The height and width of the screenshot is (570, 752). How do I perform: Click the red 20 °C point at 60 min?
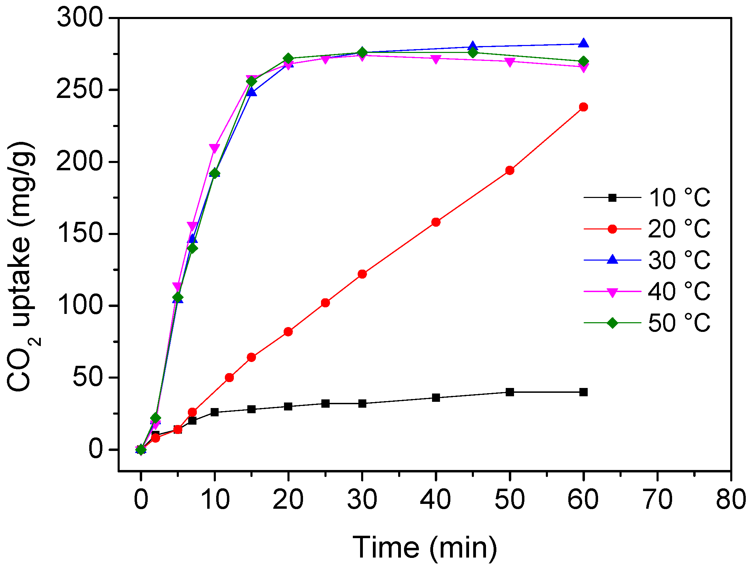tap(583, 107)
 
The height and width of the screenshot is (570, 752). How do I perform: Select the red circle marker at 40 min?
tap(436, 222)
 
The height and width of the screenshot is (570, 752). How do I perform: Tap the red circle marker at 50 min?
tap(510, 170)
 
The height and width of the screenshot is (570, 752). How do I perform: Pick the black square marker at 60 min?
tap(583, 392)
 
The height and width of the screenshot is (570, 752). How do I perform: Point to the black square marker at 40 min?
tap(436, 398)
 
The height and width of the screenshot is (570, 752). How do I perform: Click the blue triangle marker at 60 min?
tap(583, 43)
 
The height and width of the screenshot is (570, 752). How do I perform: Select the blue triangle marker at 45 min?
tap(473, 46)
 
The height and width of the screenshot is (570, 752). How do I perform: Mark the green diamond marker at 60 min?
tap(583, 62)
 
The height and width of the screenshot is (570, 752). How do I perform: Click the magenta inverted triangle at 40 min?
tap(436, 59)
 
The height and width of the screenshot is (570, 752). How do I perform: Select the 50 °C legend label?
tap(679, 323)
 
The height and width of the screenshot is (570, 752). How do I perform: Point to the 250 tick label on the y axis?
tap(80, 90)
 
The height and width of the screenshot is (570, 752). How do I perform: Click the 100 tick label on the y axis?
tap(80, 306)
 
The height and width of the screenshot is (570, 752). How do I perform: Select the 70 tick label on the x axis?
tap(657, 500)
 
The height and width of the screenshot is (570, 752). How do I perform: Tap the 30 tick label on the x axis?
tap(362, 500)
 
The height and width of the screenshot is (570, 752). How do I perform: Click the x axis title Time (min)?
tap(424, 548)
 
